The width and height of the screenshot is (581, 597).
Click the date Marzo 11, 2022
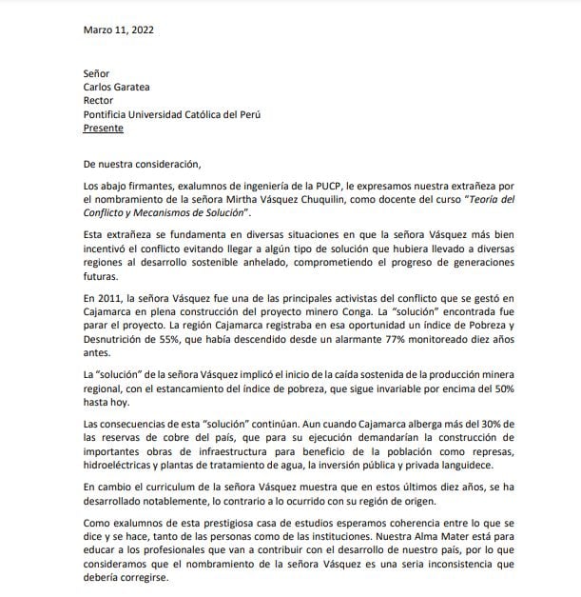click(x=118, y=29)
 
